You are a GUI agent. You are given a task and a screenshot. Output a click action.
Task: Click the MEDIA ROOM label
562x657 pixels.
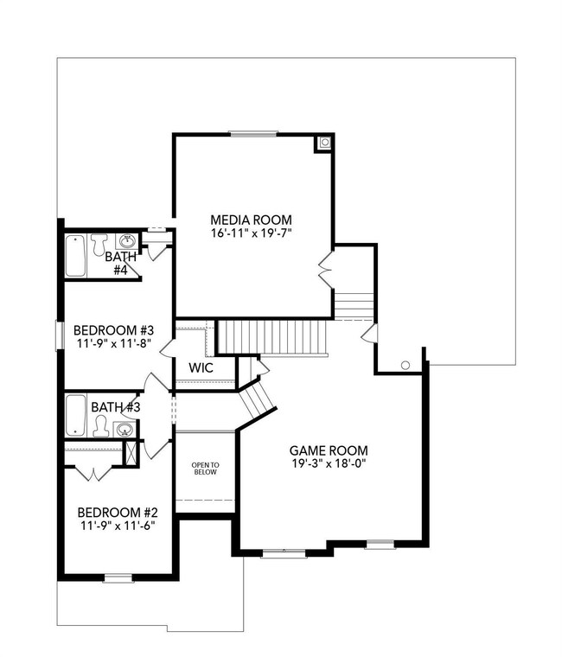tap(252, 219)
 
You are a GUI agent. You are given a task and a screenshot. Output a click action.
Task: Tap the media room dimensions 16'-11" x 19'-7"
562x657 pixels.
tap(252, 233)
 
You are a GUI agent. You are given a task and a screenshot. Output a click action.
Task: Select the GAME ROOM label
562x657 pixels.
tap(329, 450)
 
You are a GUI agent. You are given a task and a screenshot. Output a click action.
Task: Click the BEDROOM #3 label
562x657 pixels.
tap(113, 330)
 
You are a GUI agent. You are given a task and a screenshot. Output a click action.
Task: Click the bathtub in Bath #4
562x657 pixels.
tap(75, 256)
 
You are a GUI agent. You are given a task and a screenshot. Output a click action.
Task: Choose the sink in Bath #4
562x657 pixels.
tap(127, 240)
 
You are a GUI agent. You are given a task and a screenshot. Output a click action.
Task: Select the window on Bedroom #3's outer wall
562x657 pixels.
tap(58, 335)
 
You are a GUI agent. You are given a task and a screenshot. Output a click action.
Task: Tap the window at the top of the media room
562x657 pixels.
tap(254, 132)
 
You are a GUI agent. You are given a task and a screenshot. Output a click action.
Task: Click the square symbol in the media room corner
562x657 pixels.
tap(324, 143)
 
